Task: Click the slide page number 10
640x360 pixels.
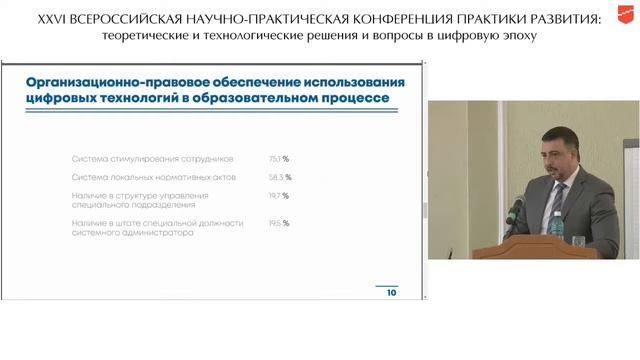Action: click(x=391, y=294)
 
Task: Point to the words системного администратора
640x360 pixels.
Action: click(x=129, y=231)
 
